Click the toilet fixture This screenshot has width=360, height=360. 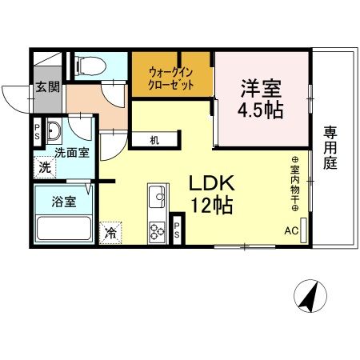pyautogui.click(x=90, y=66)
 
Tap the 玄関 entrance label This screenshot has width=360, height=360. pyautogui.click(x=47, y=87)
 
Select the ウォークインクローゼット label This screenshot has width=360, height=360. pyautogui.click(x=170, y=78)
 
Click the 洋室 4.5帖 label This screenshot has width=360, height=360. pyautogui.click(x=261, y=99)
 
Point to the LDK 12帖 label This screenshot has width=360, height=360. pyautogui.click(x=212, y=194)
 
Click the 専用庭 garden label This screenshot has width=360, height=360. pyautogui.click(x=330, y=148)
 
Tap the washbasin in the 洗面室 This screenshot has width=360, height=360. pyautogui.click(x=54, y=130)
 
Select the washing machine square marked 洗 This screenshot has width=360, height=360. pyautogui.click(x=45, y=167)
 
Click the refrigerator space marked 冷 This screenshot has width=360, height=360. pyautogui.click(x=110, y=233)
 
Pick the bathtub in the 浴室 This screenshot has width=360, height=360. pyautogui.click(x=64, y=228)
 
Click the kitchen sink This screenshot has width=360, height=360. pyautogui.click(x=157, y=197)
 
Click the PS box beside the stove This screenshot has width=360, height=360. pyautogui.click(x=177, y=230)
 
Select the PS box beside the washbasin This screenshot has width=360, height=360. pyautogui.click(x=37, y=132)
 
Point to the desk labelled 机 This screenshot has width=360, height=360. pyautogui.click(x=154, y=140)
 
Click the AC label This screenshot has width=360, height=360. pyautogui.click(x=291, y=230)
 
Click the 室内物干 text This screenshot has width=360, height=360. pyautogui.click(x=295, y=184)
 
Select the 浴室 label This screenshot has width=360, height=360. pyautogui.click(x=64, y=202)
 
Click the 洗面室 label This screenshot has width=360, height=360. pyautogui.click(x=72, y=153)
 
